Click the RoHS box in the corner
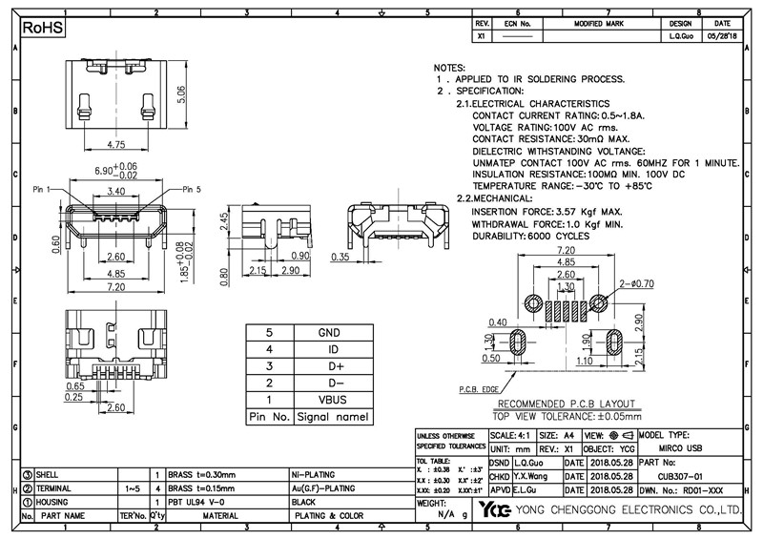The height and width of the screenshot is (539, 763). point(43,30)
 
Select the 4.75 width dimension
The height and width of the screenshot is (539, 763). point(116,145)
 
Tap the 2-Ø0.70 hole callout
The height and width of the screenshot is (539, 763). point(636,284)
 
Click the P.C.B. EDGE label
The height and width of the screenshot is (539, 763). point(480,389)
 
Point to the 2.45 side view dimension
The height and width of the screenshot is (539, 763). point(223,223)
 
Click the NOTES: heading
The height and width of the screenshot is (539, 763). point(449,70)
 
